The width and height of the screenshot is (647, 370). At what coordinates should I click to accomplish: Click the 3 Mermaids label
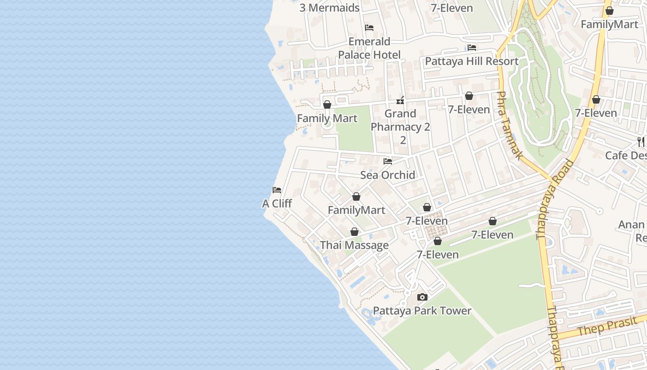330,8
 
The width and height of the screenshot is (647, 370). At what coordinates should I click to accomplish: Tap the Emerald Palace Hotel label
369,48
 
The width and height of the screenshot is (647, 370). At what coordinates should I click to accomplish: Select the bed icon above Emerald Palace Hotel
369,28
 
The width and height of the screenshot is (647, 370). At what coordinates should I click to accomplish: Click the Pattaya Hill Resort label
471,61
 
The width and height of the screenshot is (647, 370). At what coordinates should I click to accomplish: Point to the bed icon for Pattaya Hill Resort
472,48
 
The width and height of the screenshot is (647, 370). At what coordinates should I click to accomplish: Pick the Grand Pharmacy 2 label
401,120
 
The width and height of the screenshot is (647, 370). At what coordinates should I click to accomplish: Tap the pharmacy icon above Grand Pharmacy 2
401,100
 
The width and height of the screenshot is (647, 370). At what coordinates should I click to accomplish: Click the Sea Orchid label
388,175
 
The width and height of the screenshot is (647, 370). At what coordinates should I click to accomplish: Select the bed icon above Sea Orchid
388,161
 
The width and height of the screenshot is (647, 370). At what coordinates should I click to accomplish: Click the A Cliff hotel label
277,203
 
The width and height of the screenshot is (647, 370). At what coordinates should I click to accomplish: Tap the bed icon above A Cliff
277,190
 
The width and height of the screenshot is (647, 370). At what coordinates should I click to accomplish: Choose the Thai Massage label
354,245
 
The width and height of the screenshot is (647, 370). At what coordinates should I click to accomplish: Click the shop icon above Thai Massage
354,232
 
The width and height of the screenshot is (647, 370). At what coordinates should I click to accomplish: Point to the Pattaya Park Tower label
422,311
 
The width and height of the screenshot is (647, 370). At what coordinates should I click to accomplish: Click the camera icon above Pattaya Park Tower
422,297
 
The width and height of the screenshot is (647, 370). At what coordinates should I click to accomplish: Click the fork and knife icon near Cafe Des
641,142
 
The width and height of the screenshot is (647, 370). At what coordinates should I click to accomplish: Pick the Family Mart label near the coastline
327,118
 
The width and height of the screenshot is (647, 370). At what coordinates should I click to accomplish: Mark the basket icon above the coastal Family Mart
327,105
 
